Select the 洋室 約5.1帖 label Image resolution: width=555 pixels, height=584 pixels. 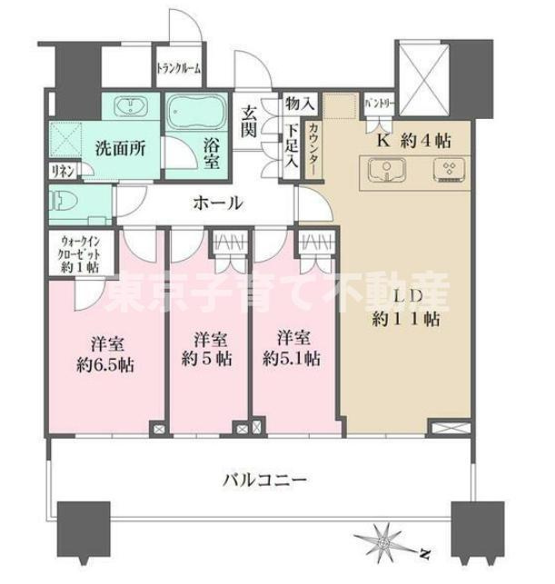coord(291,347)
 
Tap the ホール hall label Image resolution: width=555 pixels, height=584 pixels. coord(217,203)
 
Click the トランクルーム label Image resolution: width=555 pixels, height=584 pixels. coord(179,68)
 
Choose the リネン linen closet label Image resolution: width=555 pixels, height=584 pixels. coord(60,171)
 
